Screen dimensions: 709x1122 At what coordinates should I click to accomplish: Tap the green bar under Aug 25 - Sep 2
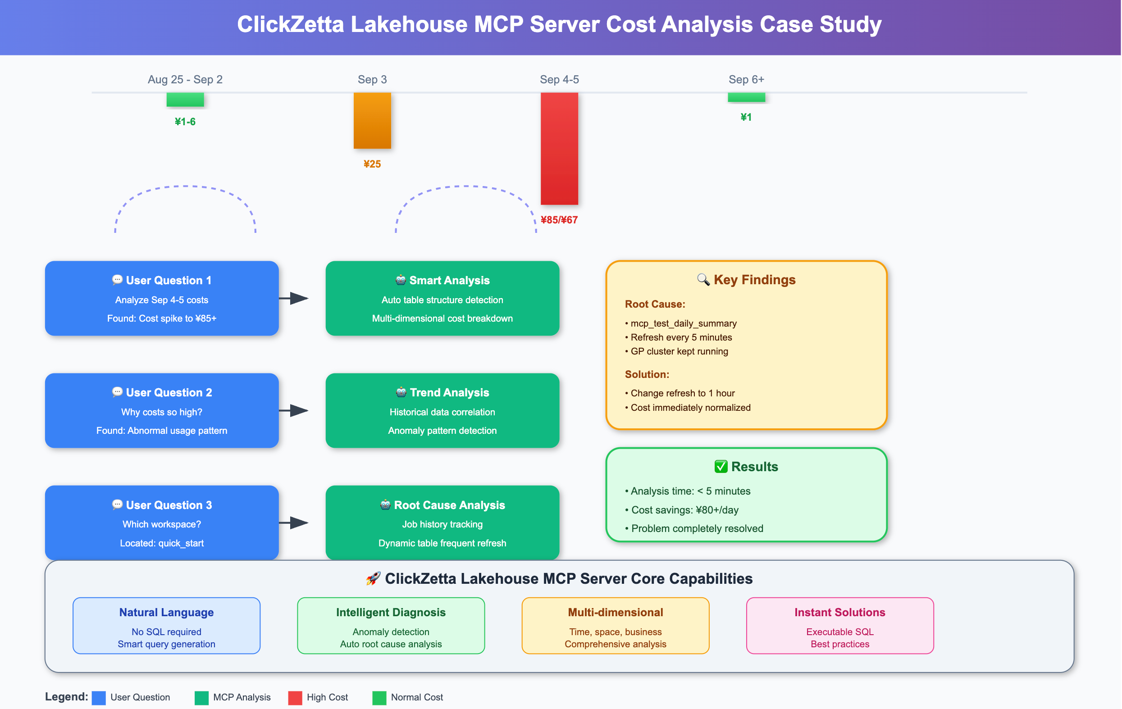click(x=185, y=99)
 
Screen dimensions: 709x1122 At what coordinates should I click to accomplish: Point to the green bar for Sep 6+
click(x=746, y=97)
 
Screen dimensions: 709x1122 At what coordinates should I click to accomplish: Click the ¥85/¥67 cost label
click(x=559, y=220)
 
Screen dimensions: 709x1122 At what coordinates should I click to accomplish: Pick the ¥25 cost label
click(x=372, y=164)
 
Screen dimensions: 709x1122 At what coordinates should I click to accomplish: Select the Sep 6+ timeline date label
click(x=746, y=80)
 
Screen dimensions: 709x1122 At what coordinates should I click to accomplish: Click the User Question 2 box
click(x=162, y=410)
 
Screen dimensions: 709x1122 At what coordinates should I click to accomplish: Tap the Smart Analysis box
click(x=442, y=298)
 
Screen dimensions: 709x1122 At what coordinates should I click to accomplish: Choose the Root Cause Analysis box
click(x=442, y=523)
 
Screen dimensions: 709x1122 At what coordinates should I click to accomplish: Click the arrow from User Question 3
click(x=294, y=523)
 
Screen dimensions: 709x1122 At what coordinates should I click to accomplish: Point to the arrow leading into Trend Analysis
click(x=294, y=410)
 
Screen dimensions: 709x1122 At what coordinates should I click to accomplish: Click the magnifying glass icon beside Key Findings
click(x=703, y=279)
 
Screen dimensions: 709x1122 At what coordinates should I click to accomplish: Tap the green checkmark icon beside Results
click(x=721, y=466)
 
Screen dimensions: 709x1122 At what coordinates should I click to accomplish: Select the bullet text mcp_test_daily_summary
click(x=683, y=323)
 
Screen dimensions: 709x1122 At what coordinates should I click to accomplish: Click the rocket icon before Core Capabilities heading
click(x=373, y=578)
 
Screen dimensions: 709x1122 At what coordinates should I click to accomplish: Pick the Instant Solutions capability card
click(x=839, y=626)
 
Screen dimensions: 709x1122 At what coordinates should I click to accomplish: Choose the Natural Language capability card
click(x=166, y=626)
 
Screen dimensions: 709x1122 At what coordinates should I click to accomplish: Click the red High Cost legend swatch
click(x=295, y=697)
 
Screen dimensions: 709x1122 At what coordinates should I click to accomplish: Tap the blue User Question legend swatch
click(x=99, y=697)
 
